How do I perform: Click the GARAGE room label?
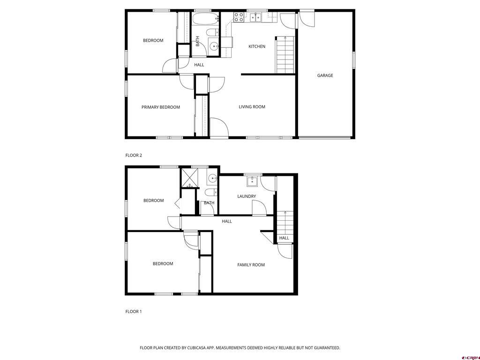click(325, 75)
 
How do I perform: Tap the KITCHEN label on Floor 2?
click(257, 46)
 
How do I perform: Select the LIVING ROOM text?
click(252, 107)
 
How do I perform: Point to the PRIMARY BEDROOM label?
click(161, 107)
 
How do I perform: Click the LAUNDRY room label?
click(247, 196)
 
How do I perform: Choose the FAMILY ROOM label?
click(251, 265)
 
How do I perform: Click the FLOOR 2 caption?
click(134, 155)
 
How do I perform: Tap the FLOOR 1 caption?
click(134, 311)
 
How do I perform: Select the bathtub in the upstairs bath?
click(205, 19)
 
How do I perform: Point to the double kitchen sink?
click(256, 18)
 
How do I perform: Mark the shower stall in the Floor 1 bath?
click(190, 178)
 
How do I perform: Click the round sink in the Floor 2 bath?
click(214, 46)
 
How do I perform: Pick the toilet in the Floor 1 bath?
click(211, 192)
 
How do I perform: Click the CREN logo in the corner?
click(470, 357)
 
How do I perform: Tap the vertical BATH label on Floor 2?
click(197, 41)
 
